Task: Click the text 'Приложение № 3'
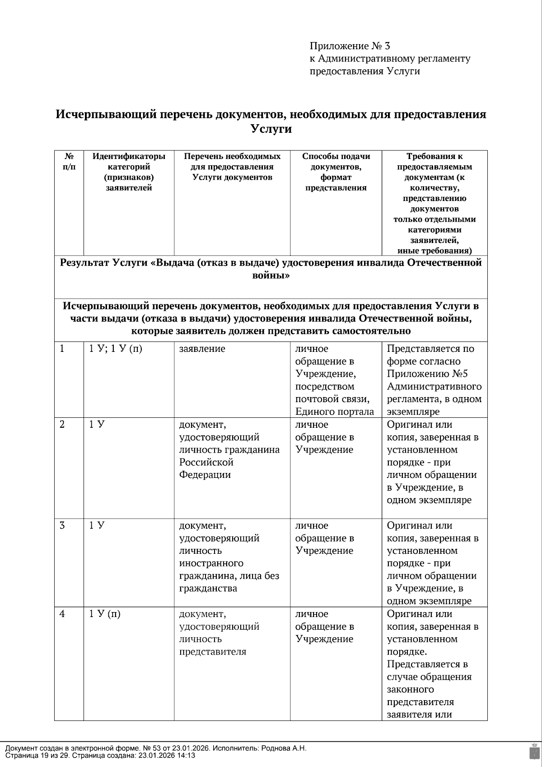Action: tap(350, 46)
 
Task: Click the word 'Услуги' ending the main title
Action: tap(271, 129)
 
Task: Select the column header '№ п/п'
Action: tap(69, 161)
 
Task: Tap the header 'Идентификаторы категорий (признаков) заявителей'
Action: tap(129, 172)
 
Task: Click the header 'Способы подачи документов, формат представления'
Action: tap(336, 172)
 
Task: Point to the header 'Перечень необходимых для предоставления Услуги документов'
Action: tap(232, 167)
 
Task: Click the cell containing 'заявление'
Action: tap(202, 349)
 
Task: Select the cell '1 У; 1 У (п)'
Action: tap(116, 349)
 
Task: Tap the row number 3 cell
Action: tap(62, 526)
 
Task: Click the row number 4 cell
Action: tap(62, 614)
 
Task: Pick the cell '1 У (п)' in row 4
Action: tap(105, 614)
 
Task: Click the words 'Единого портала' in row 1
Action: tap(335, 412)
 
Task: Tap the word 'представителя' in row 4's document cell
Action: tap(213, 652)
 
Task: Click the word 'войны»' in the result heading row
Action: tap(271, 276)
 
